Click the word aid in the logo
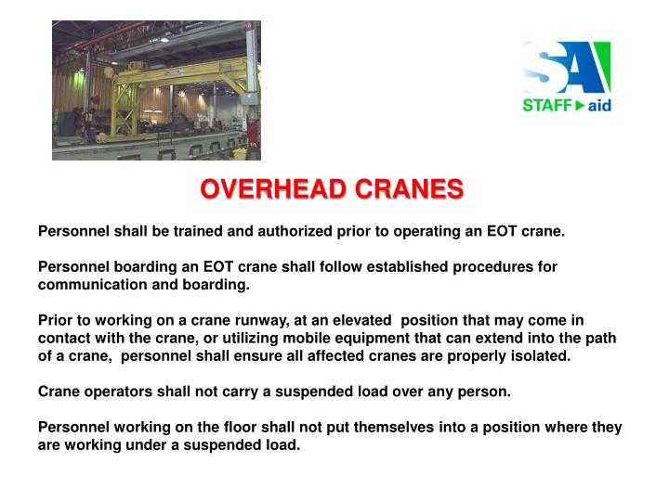coord(599,106)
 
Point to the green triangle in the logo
coord(580,106)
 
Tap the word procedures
coord(494,266)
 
